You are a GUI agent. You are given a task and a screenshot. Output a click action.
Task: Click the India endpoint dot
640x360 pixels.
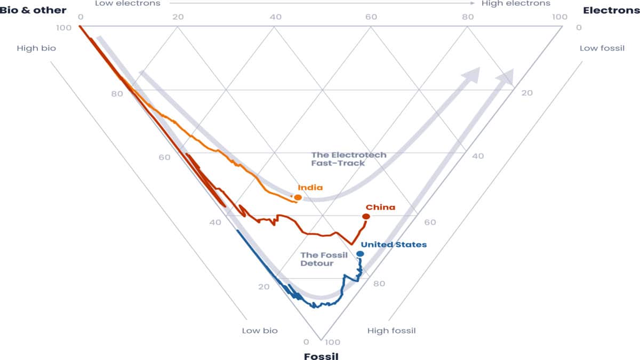(x=298, y=197)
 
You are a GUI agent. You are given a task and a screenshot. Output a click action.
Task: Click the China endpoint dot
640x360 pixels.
(x=366, y=216)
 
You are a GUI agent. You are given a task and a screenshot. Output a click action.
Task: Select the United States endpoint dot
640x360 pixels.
(x=360, y=253)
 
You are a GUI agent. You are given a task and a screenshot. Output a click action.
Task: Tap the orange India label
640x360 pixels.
(x=310, y=187)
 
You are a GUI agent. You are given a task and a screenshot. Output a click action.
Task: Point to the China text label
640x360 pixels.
(x=380, y=207)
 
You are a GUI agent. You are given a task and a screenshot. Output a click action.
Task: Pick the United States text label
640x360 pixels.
(x=394, y=244)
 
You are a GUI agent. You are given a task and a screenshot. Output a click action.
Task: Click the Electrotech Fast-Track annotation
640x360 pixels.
(x=349, y=159)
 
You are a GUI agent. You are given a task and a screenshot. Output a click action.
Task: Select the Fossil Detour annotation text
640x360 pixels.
(x=324, y=259)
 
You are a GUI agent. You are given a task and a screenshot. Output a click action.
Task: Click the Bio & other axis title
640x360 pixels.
(x=33, y=10)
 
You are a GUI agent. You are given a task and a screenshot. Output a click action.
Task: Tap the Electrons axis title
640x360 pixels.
(x=611, y=10)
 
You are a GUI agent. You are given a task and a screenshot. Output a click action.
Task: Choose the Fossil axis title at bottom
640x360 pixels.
(x=321, y=356)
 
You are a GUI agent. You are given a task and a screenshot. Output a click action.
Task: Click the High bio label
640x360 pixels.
(x=36, y=48)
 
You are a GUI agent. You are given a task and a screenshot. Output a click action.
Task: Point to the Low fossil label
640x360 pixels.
(x=602, y=49)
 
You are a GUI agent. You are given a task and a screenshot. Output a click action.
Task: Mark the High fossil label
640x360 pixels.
(x=391, y=331)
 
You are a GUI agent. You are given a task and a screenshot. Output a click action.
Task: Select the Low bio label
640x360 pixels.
(x=260, y=331)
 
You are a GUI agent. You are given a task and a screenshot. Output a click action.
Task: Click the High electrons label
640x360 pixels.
(x=516, y=3)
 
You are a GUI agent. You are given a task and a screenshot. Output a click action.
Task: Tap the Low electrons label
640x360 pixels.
(x=127, y=3)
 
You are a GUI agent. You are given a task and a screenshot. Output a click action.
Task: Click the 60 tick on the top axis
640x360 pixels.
(x=371, y=17)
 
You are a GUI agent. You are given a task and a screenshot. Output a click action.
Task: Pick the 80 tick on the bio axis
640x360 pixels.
(x=117, y=94)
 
